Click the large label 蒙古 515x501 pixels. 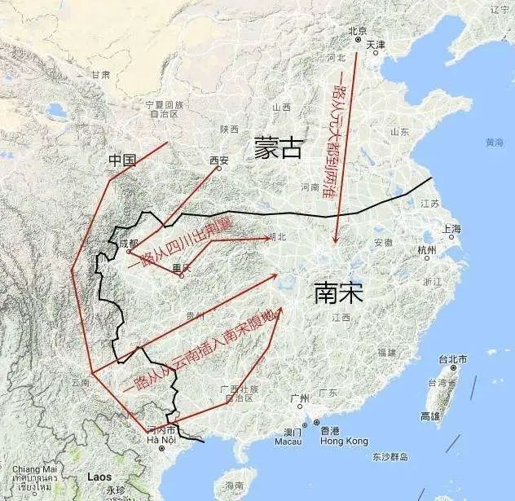coord(278,147)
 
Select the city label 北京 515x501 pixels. coord(357,32)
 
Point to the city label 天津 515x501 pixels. coord(376,44)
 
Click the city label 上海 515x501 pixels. coord(451,229)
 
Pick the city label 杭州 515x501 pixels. coord(426,249)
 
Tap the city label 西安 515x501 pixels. coord(219,160)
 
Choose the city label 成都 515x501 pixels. coord(128,243)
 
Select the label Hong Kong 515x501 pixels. coord(345,441)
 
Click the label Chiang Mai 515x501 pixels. coord(35,469)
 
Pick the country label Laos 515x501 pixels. coord(99,477)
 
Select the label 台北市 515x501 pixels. coord(453,359)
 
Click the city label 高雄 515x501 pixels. coord(429,415)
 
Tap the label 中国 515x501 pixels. coord(121,161)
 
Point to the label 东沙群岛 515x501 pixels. coord(388,455)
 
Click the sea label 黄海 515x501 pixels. coord(494,142)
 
